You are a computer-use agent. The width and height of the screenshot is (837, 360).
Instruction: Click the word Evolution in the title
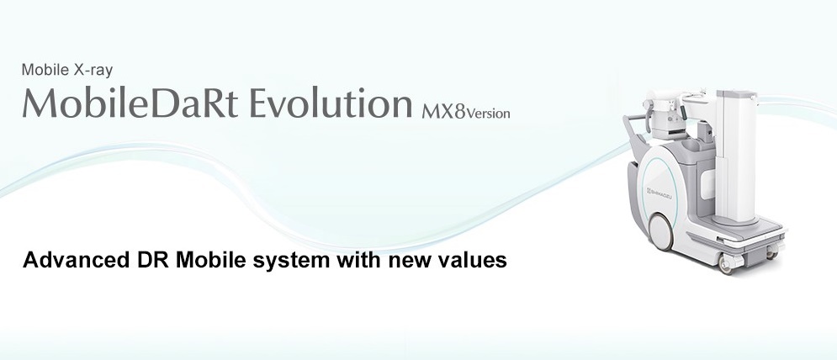click(331, 103)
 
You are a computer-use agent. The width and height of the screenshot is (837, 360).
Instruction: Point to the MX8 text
click(444, 113)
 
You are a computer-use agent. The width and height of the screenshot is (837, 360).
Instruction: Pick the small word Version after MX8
click(489, 114)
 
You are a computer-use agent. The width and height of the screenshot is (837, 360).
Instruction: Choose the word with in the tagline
click(358, 260)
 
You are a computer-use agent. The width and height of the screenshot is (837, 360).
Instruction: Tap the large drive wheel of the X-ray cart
click(661, 231)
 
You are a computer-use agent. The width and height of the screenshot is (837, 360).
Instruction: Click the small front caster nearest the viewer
click(726, 264)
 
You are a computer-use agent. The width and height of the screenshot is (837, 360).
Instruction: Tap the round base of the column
click(735, 219)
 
